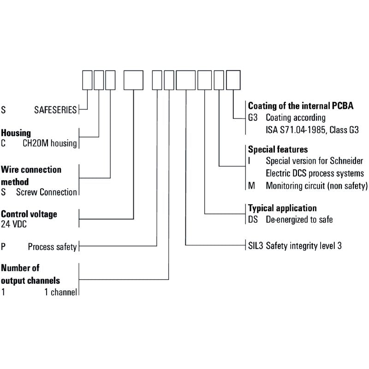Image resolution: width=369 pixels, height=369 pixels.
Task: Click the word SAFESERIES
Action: [55, 110]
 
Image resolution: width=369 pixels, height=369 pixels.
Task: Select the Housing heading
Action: [16, 133]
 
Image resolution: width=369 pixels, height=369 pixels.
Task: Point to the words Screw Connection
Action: [47, 192]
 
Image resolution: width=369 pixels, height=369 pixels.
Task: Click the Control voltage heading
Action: [29, 214]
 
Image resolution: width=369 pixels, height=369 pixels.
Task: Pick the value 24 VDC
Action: [14, 224]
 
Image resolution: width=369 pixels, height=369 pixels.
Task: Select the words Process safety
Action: [52, 247]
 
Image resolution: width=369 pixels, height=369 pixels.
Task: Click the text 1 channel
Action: [61, 292]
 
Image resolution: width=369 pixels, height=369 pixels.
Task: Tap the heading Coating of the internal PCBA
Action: [301, 106]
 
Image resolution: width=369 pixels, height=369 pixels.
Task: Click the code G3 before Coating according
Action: [253, 118]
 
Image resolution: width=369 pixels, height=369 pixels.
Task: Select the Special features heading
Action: [278, 149]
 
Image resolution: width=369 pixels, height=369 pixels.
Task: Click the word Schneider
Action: [346, 161]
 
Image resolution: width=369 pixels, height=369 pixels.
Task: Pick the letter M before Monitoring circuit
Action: [251, 186]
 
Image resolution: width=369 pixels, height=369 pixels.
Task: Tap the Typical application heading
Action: [282, 208]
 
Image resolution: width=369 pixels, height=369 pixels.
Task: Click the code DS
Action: [253, 220]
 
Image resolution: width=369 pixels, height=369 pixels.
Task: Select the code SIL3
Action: [256, 246]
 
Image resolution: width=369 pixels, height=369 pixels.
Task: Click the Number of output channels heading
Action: [30, 274]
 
